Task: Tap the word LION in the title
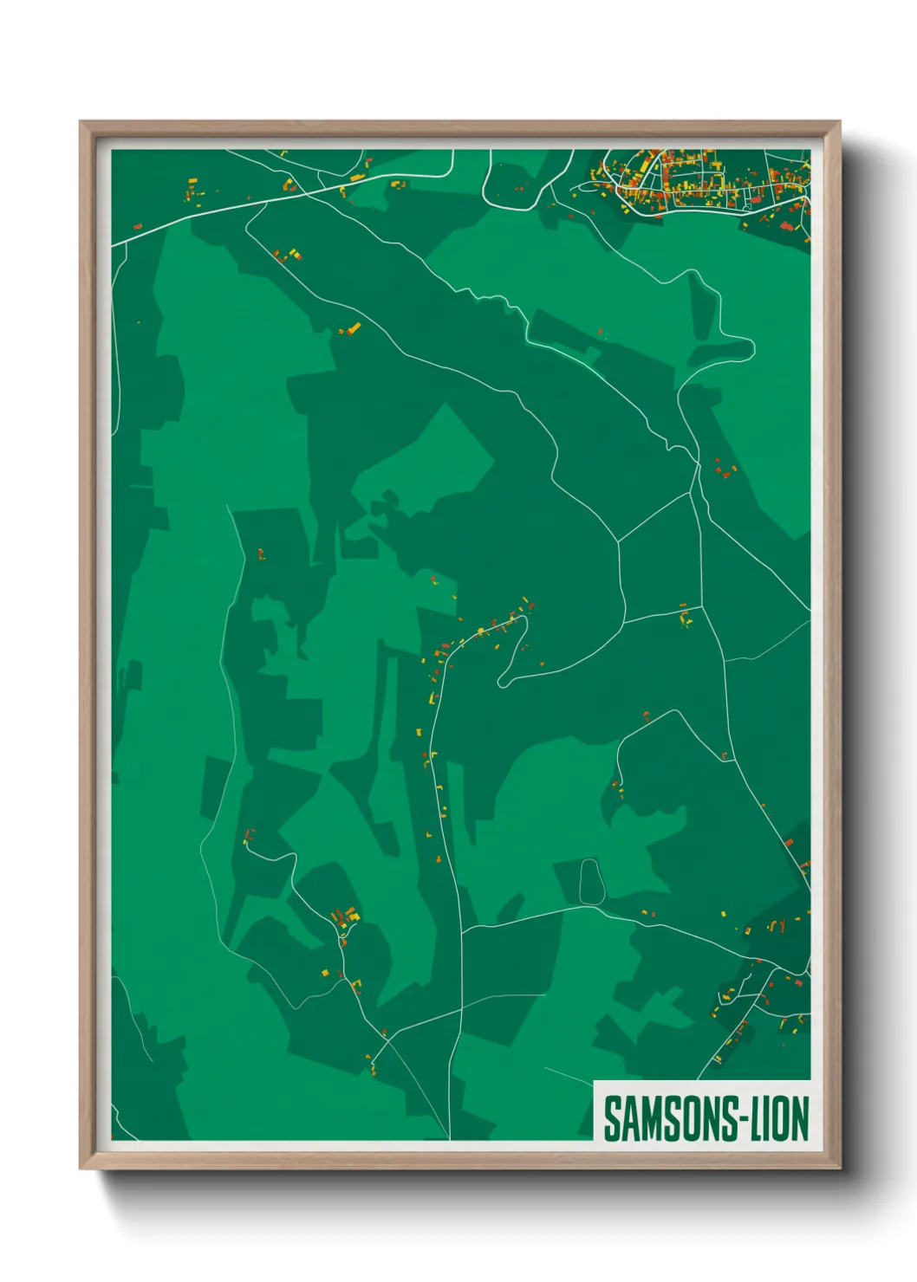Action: point(779,1118)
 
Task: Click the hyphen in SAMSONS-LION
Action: point(742,1120)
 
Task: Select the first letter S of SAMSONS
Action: point(611,1119)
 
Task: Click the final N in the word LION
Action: point(800,1118)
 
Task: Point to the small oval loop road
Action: point(589,882)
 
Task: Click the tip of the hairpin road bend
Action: point(502,683)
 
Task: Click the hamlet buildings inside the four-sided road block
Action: point(686,618)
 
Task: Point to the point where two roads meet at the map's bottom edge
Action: point(450,1138)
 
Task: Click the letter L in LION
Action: point(754,1118)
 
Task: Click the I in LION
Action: point(766,1118)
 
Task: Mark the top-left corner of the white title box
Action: point(595,1081)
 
